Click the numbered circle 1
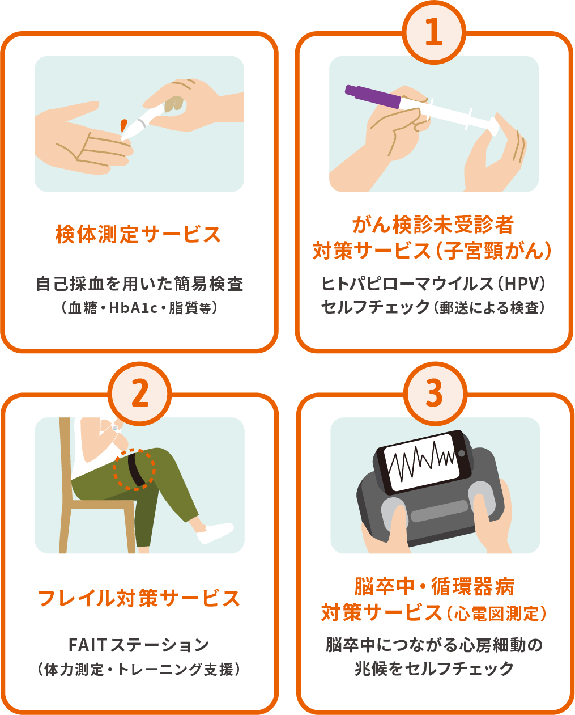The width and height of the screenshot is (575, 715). (x=433, y=32)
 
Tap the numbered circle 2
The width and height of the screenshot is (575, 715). (x=140, y=394)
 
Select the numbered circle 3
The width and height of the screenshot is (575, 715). (x=435, y=394)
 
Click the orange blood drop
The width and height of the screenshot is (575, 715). (x=123, y=125)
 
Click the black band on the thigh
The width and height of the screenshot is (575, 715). (x=137, y=469)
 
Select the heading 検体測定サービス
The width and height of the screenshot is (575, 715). (x=138, y=234)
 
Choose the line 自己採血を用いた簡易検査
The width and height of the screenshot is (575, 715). (x=139, y=284)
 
